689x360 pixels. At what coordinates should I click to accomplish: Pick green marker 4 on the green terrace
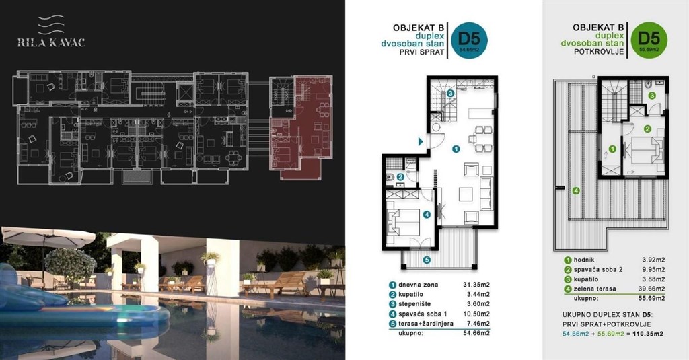click(x=575, y=190)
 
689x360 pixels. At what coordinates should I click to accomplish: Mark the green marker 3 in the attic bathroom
click(x=651, y=96)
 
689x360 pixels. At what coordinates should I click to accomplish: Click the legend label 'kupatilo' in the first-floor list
click(x=412, y=294)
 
